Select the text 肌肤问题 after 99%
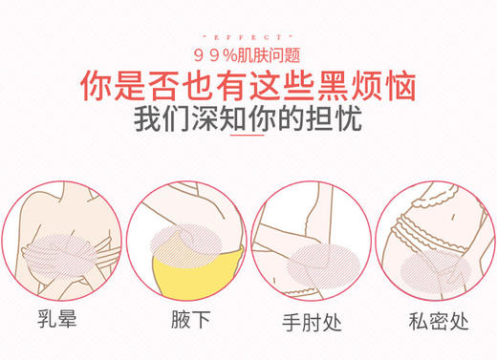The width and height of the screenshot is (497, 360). (x=270, y=53)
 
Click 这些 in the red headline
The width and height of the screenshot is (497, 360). (x=275, y=88)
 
